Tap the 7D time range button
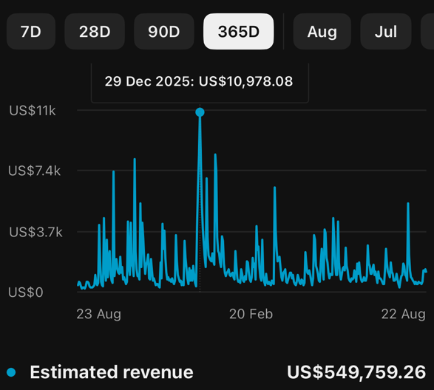[31, 32]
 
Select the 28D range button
[95, 32]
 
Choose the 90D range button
[164, 32]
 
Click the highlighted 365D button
[239, 32]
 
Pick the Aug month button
[322, 32]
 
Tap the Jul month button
[386, 32]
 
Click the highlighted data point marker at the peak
[200, 112]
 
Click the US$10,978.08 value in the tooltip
[245, 81]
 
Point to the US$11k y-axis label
[33, 111]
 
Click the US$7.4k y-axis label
[34, 171]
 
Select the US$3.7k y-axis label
[35, 232]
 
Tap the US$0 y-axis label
[26, 292]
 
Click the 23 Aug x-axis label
[99, 314]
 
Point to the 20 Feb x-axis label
[251, 314]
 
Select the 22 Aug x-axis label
[403, 314]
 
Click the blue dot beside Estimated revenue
[11, 372]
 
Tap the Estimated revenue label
[112, 372]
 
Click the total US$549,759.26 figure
[356, 372]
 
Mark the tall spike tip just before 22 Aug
[408, 203]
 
